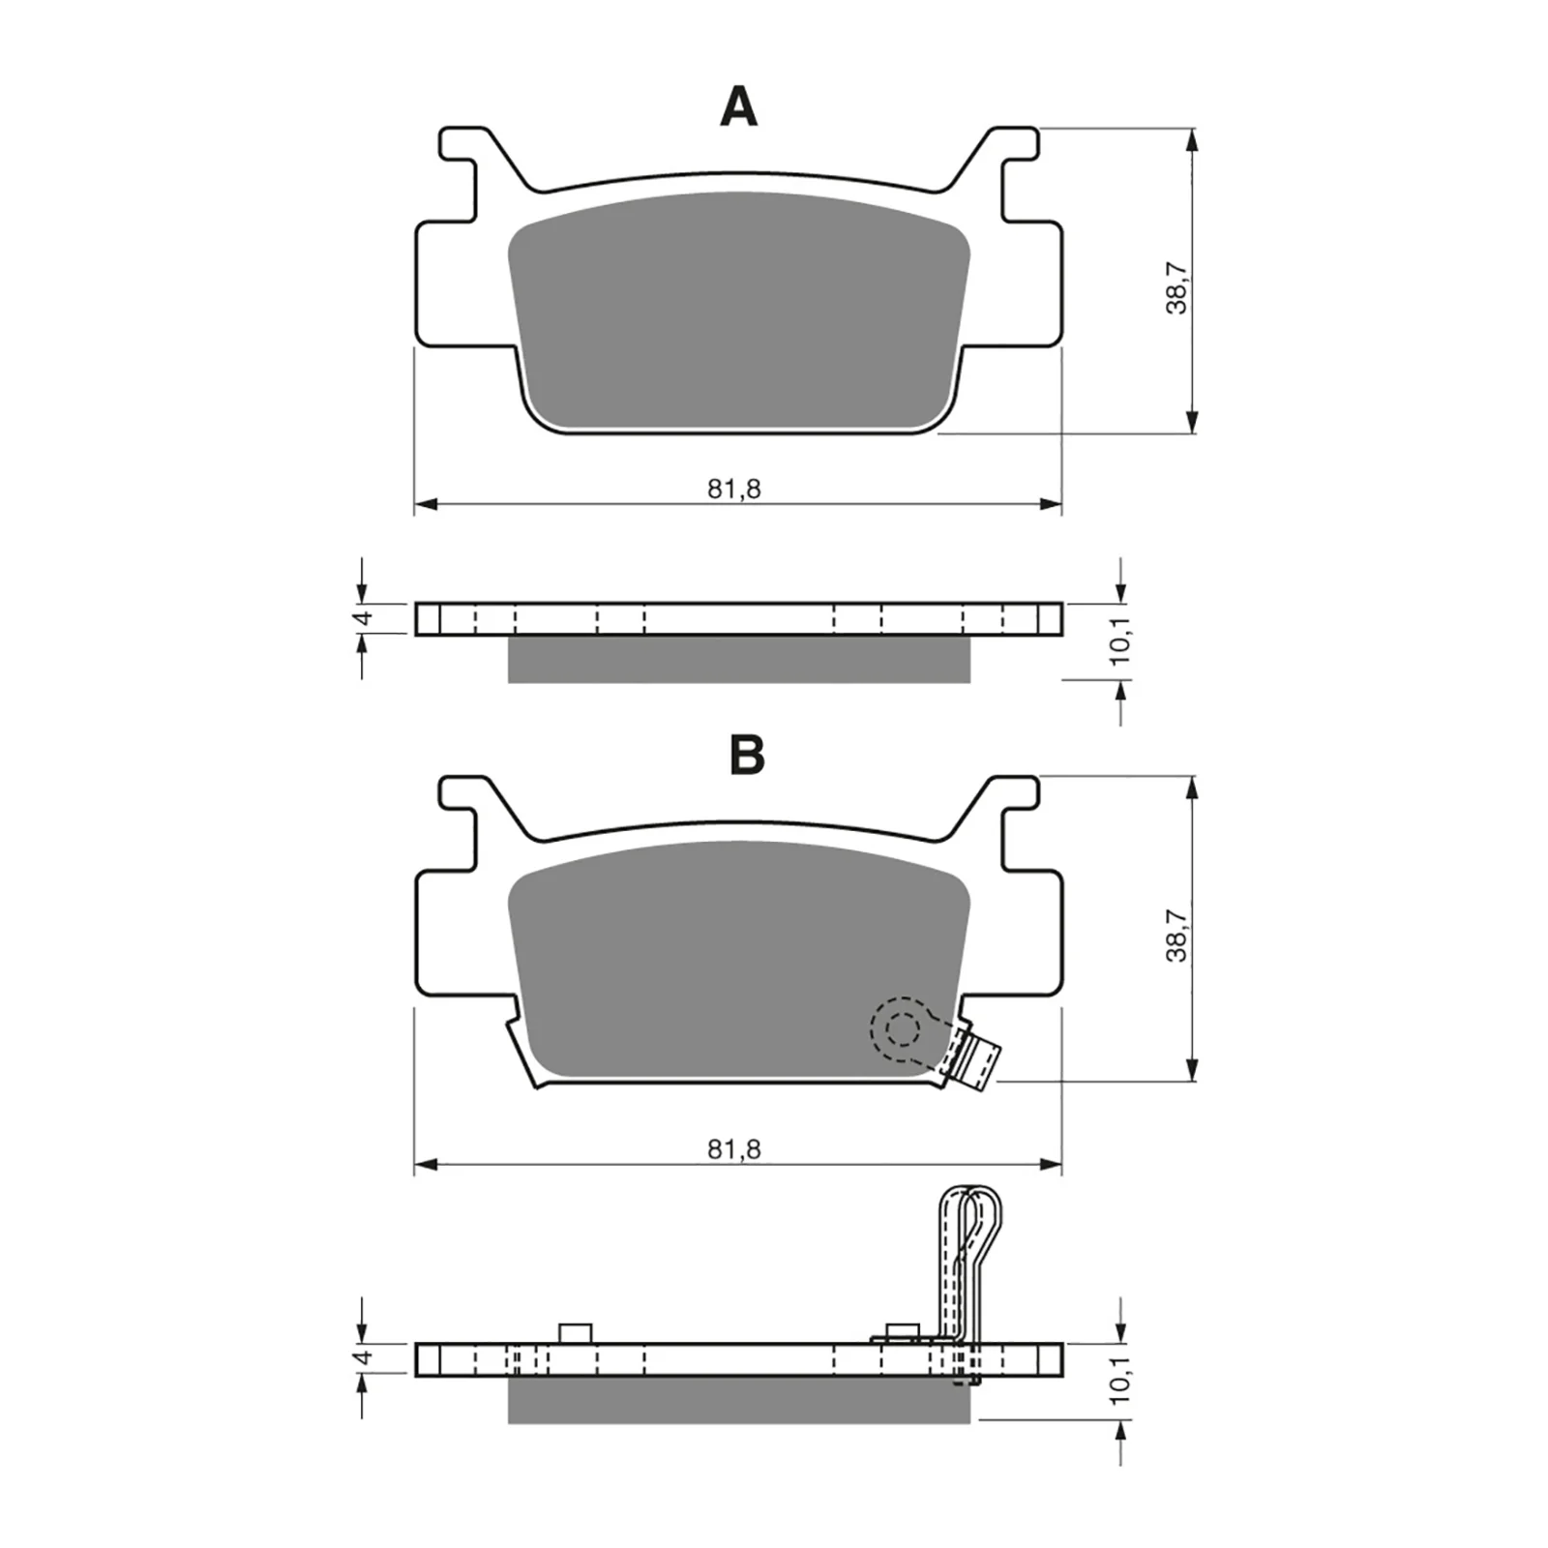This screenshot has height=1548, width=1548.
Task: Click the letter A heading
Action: [738, 107]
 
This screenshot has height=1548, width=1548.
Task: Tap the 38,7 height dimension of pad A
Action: [1176, 286]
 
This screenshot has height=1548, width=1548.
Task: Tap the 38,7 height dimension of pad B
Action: [1176, 934]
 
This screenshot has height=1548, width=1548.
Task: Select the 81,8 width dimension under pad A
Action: [734, 490]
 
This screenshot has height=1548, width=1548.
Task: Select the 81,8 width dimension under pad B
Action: [734, 1149]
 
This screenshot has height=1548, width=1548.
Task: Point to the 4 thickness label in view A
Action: [362, 617]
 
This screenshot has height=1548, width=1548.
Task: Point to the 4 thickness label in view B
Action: [362, 1357]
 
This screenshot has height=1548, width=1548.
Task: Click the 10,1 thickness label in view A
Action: [1120, 641]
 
